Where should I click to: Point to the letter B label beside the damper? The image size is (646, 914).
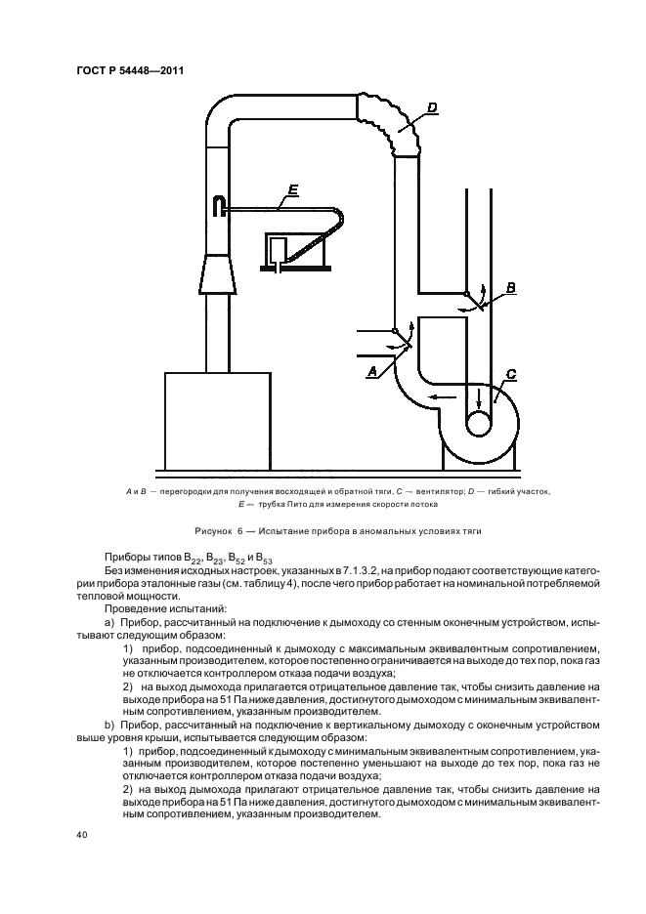[x=509, y=287]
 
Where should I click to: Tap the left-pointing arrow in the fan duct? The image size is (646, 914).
[x=445, y=397]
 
